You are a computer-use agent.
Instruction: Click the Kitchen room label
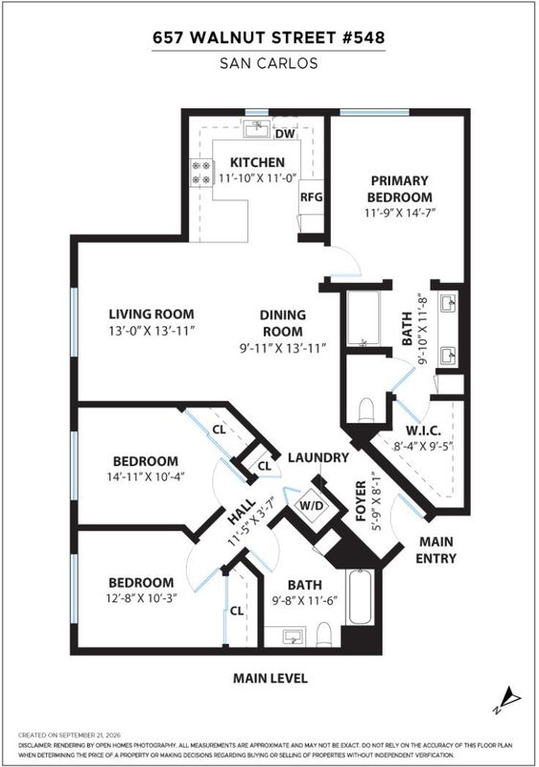[257, 162]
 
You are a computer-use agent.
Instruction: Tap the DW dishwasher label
[285, 134]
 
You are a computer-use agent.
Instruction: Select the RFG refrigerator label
[312, 198]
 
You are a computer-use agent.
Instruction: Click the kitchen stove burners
[202, 173]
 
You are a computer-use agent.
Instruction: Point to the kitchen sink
[257, 129]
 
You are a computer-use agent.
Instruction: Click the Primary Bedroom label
[400, 189]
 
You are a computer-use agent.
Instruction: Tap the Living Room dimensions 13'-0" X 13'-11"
[152, 331]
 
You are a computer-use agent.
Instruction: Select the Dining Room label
[283, 323]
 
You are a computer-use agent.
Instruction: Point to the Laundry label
[318, 458]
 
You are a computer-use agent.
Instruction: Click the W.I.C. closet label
[424, 430]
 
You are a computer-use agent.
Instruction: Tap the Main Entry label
[436, 549]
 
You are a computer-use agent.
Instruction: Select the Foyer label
[361, 500]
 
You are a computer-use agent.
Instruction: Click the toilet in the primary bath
[366, 410]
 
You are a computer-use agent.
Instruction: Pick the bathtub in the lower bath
[360, 596]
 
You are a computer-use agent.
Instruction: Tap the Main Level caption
[270, 679]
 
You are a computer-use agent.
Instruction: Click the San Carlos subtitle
[269, 63]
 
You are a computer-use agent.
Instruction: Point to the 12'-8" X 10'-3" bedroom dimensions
[141, 598]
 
